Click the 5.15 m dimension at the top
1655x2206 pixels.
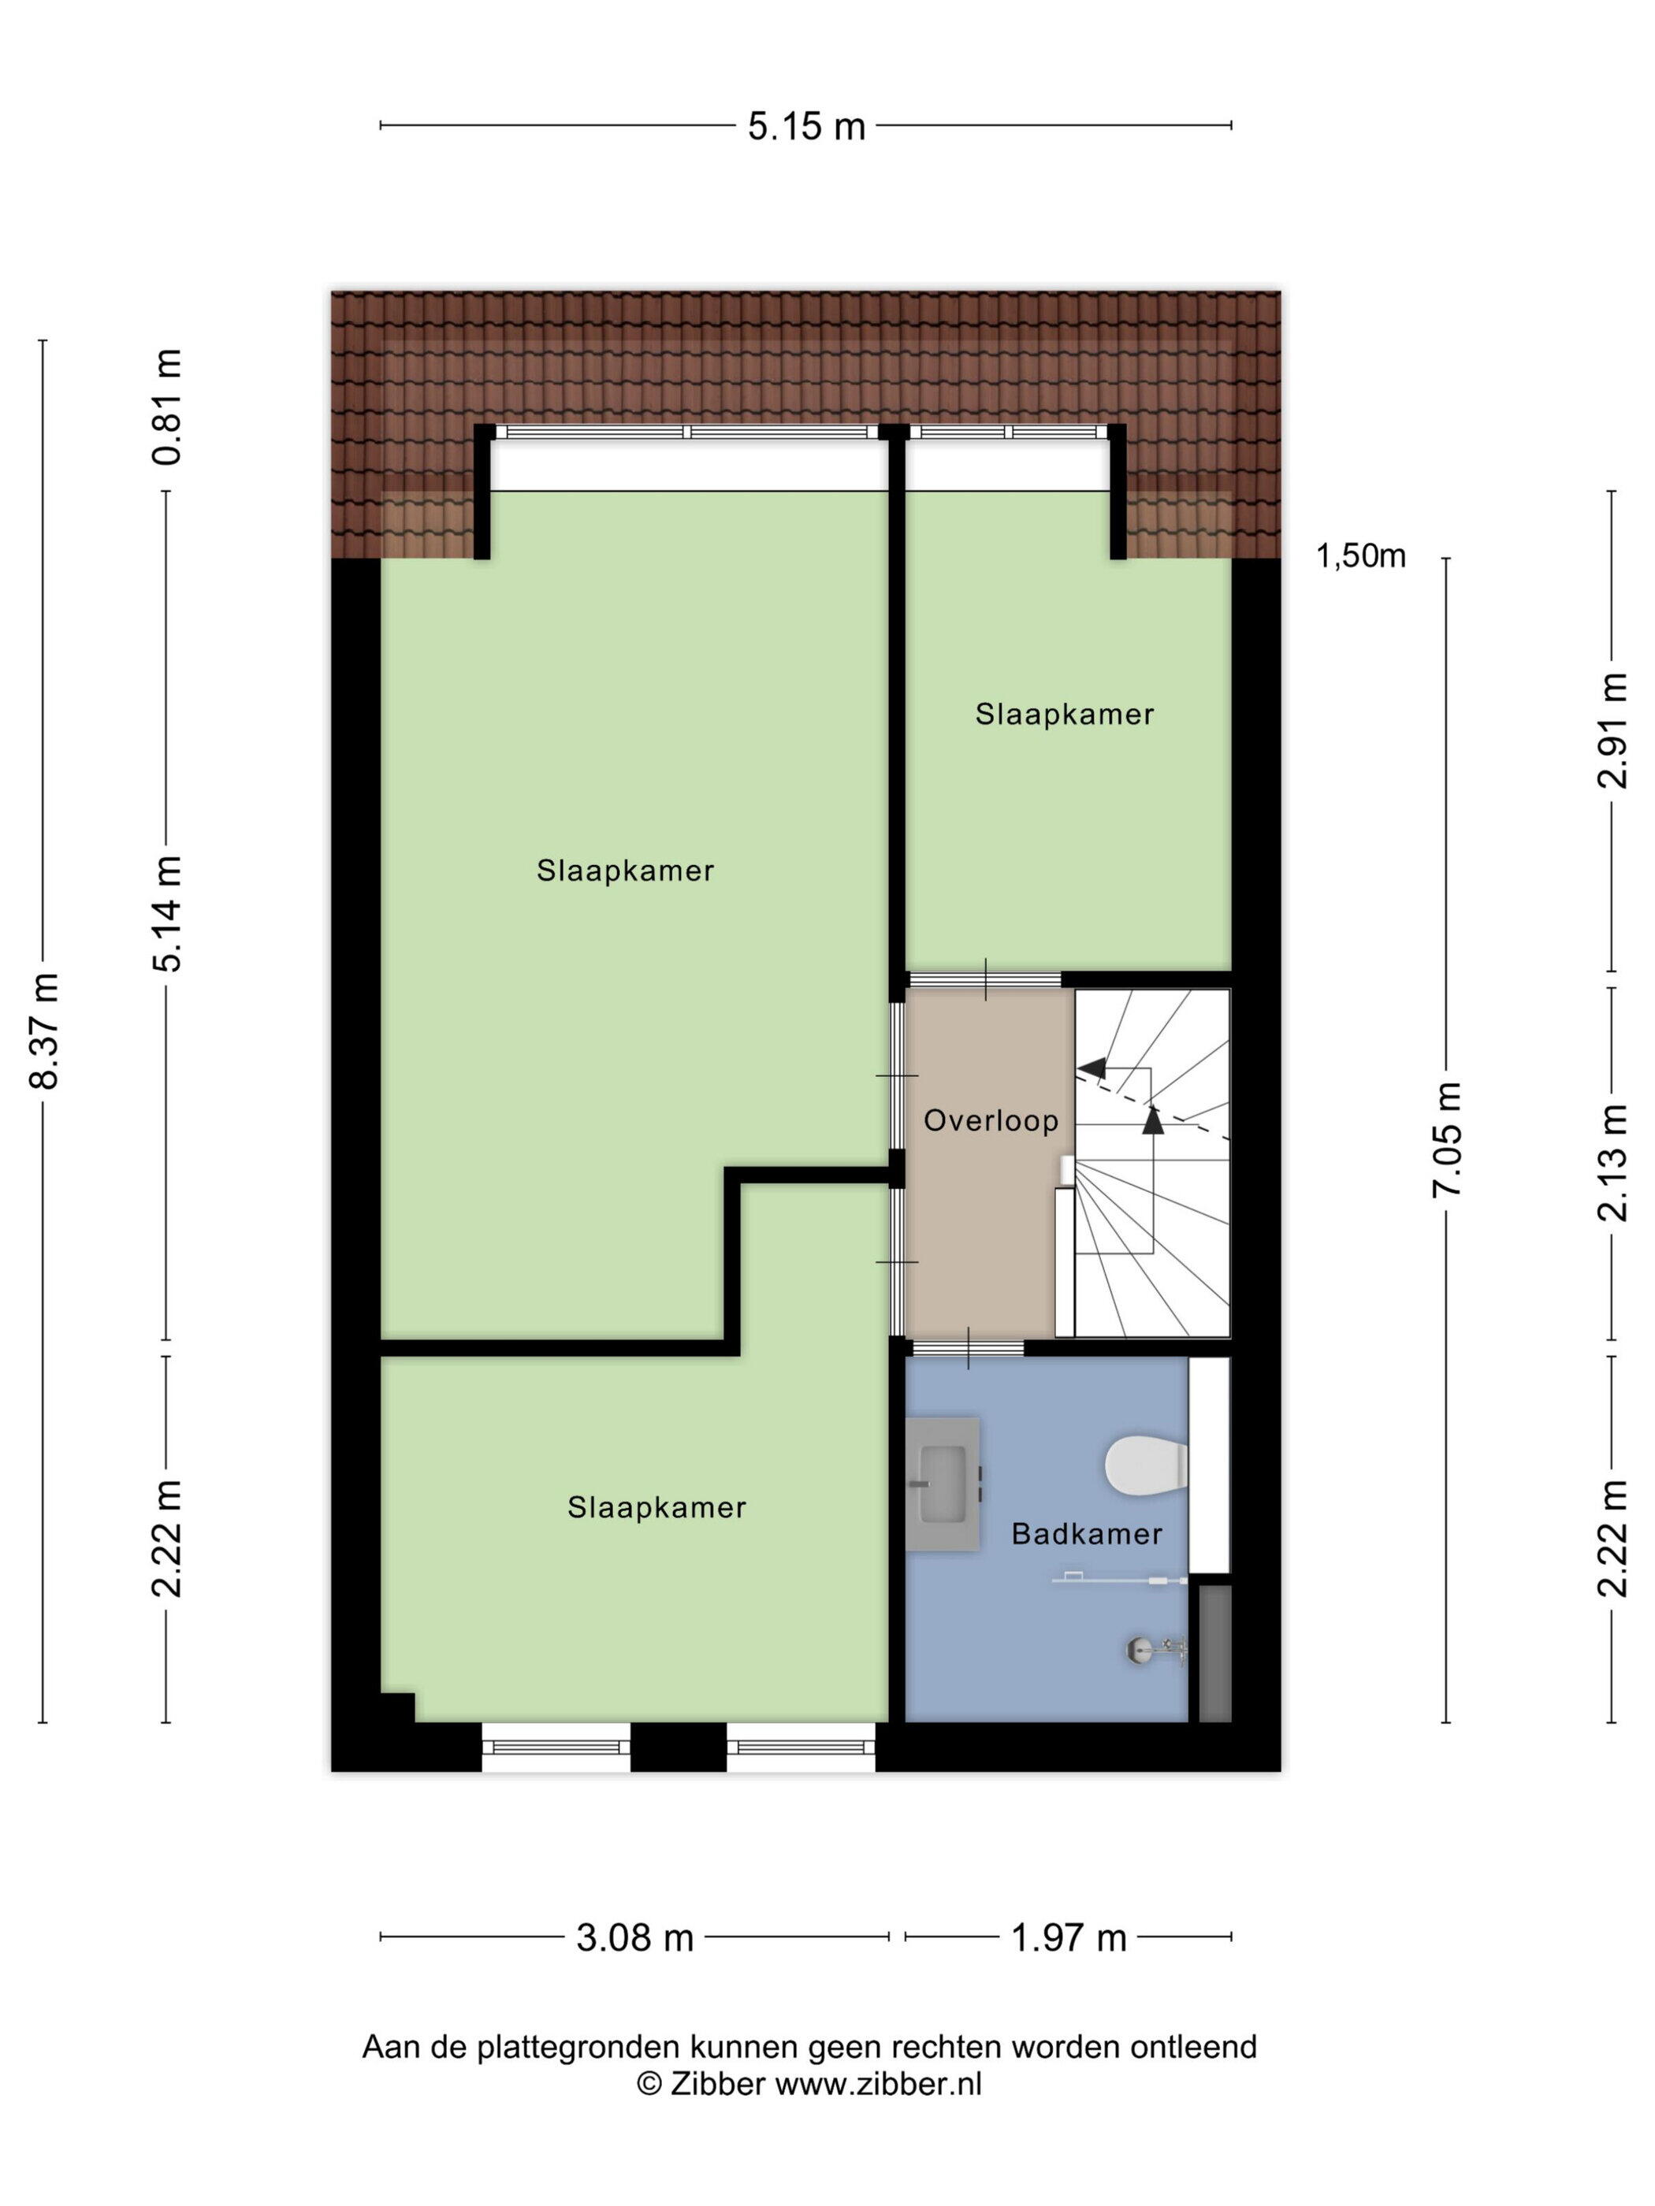pos(806,127)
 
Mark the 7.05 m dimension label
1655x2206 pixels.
pos(1448,1140)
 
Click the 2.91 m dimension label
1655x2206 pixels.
pos(1613,731)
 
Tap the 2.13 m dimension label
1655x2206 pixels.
pos(1613,1163)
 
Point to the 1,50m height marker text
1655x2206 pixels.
pos(1361,556)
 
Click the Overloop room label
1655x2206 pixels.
pos(991,1121)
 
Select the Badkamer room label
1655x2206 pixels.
pos(1086,1534)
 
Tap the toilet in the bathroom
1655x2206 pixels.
pos(1146,1465)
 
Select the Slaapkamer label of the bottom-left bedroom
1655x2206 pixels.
pos(656,1507)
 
